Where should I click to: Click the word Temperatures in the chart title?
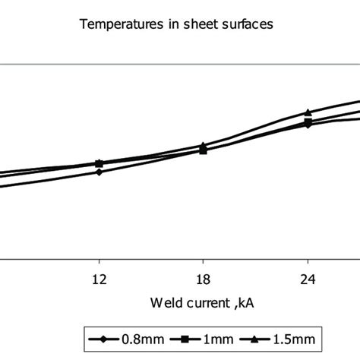point(116,24)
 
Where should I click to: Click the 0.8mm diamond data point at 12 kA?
point(99,172)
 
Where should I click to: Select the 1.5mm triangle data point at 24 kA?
point(308,112)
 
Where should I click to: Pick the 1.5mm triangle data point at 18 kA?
point(203,145)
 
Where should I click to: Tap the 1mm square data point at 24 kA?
point(308,122)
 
